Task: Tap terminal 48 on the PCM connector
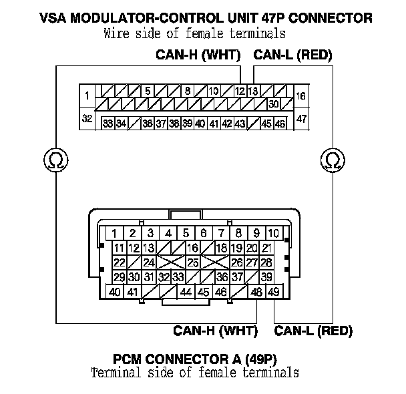click(x=256, y=292)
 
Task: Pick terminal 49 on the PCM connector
click(x=273, y=292)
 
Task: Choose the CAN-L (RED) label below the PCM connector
click(x=313, y=330)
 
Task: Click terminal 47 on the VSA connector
click(x=300, y=119)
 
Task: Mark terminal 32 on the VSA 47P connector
click(x=87, y=119)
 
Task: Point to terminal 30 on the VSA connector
click(x=273, y=104)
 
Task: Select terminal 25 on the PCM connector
click(x=193, y=262)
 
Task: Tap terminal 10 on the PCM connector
click(x=273, y=233)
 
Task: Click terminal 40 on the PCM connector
click(x=115, y=292)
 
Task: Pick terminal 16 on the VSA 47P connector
click(x=300, y=96)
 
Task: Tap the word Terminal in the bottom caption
click(x=114, y=372)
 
